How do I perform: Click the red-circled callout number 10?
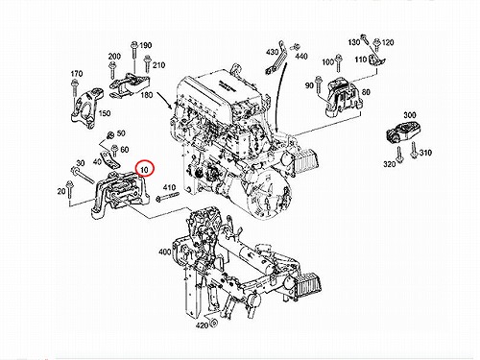pyautogui.click(x=145, y=170)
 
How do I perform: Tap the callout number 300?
pyautogui.click(x=410, y=115)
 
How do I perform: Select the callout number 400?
pyautogui.click(x=165, y=252)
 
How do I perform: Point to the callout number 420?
pyautogui.click(x=202, y=325)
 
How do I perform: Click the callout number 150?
pyautogui.click(x=105, y=113)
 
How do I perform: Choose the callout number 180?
pyautogui.click(x=147, y=95)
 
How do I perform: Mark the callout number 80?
pyautogui.click(x=366, y=92)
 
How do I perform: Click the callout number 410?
pyautogui.click(x=169, y=187)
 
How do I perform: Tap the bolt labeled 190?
pyautogui.click(x=134, y=57)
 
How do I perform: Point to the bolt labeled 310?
pyautogui.click(x=414, y=151)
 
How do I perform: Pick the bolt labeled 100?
pyautogui.click(x=338, y=64)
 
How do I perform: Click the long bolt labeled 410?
pyautogui.click(x=167, y=197)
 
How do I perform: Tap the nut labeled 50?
pyautogui.click(x=109, y=135)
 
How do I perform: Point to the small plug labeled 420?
pyautogui.click(x=214, y=323)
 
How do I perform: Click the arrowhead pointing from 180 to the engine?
pyautogui.click(x=171, y=107)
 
